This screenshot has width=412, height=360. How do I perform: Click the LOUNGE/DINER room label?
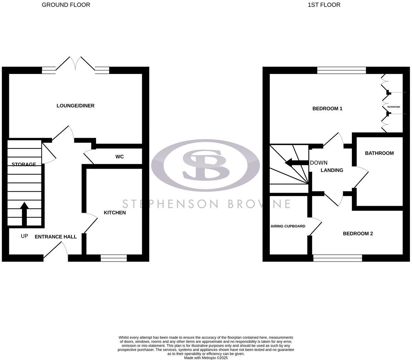(x=76, y=105)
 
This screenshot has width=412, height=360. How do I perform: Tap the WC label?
(x=119, y=157)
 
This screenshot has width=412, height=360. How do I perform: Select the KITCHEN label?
(x=115, y=213)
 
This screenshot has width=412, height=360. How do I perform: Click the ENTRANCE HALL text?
(x=56, y=237)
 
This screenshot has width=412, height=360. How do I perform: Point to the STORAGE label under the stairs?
(x=24, y=165)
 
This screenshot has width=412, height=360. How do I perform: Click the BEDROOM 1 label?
(x=327, y=109)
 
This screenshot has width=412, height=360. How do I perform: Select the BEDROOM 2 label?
(x=358, y=234)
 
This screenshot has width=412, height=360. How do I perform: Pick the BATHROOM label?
(x=379, y=153)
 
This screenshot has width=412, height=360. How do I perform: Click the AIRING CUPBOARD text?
(x=288, y=226)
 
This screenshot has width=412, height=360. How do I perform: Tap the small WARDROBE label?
(x=394, y=107)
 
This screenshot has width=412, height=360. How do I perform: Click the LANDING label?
(x=332, y=170)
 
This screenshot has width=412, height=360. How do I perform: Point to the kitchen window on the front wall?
(x=114, y=258)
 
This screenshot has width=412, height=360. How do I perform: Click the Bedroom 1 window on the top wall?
(x=342, y=70)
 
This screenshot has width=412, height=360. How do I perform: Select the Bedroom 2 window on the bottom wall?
(x=338, y=258)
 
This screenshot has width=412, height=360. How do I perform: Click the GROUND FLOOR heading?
(x=66, y=5)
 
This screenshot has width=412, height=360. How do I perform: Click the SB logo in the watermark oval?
(x=205, y=165)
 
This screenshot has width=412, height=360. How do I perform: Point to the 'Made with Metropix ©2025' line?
(x=206, y=358)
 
